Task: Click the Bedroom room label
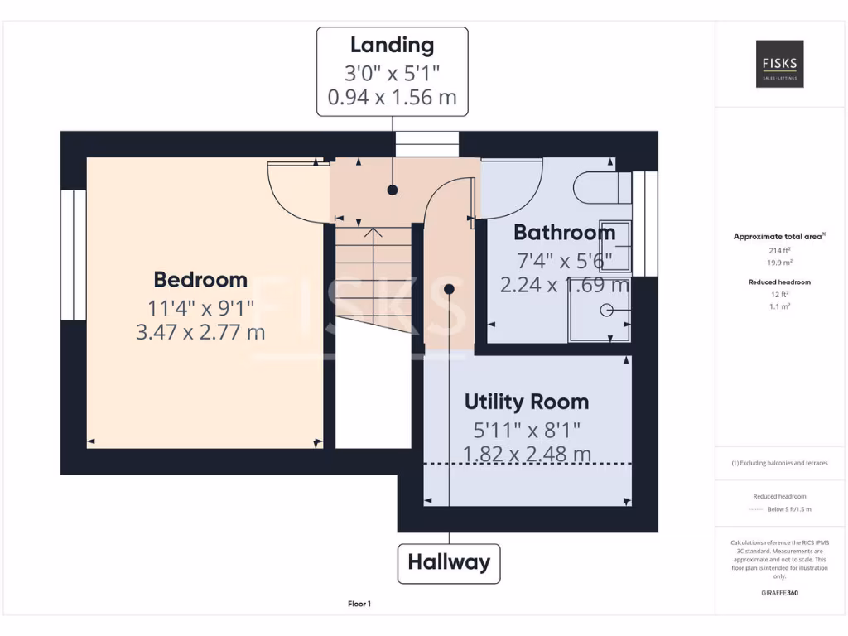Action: (200, 280)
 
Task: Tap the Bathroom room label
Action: (564, 232)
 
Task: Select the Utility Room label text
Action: (526, 402)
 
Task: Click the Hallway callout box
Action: (449, 563)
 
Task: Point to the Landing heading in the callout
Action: (392, 45)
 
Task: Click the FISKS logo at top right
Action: (779, 64)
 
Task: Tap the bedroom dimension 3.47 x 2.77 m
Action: (200, 333)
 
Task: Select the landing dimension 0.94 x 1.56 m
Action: (392, 97)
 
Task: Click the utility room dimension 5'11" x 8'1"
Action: (527, 430)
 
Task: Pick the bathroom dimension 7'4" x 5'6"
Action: (564, 261)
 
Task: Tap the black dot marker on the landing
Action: (393, 190)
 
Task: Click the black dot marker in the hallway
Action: (449, 289)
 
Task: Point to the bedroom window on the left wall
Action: (74, 255)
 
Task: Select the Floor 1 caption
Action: (359, 605)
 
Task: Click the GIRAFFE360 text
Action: (779, 593)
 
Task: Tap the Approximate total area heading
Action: (779, 237)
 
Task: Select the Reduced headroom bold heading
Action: (779, 282)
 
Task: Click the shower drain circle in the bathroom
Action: (606, 310)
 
